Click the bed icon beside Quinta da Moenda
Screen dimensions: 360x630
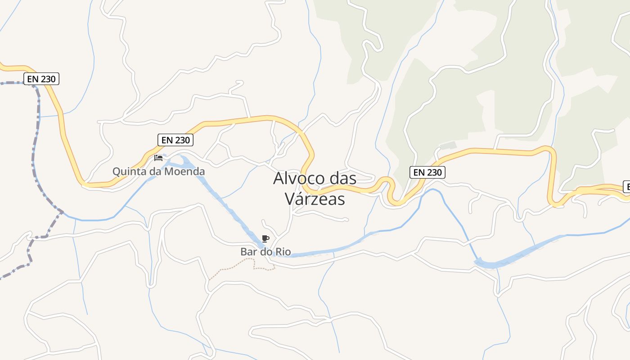pyautogui.click(x=158, y=157)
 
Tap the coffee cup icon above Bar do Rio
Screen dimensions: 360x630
pyautogui.click(x=265, y=238)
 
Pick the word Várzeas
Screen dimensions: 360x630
pyautogui.click(x=315, y=198)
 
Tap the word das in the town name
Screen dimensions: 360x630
pyautogui.click(x=343, y=178)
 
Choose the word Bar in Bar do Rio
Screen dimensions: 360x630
pyautogui.click(x=248, y=252)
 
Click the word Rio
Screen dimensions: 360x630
pyautogui.click(x=295, y=252)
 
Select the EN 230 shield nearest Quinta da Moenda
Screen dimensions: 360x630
pyautogui.click(x=176, y=140)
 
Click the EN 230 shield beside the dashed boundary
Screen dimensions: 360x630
pyautogui.click(x=41, y=79)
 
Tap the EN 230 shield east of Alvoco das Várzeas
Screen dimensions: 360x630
pyautogui.click(x=427, y=172)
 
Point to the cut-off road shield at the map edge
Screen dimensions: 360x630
pyautogui.click(x=626, y=186)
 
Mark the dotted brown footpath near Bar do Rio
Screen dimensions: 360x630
pyautogui.click(x=234, y=266)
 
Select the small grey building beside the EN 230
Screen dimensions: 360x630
pyautogui.click(x=448, y=145)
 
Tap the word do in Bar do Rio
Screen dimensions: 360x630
pyautogui.click(x=274, y=252)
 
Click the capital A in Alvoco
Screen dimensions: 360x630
pyautogui.click(x=279, y=178)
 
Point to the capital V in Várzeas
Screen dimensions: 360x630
pyautogui.click(x=290, y=198)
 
